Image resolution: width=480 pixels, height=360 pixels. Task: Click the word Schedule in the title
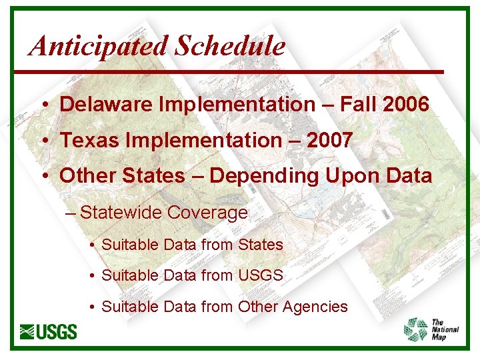[230, 45]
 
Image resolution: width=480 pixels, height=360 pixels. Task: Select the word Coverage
[207, 213]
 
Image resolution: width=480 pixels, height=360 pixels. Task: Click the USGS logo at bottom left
[49, 331]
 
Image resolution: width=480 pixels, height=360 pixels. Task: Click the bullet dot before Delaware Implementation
[42, 105]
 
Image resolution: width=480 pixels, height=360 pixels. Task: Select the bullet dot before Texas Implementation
[42, 141]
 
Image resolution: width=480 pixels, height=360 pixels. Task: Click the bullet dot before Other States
[42, 177]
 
